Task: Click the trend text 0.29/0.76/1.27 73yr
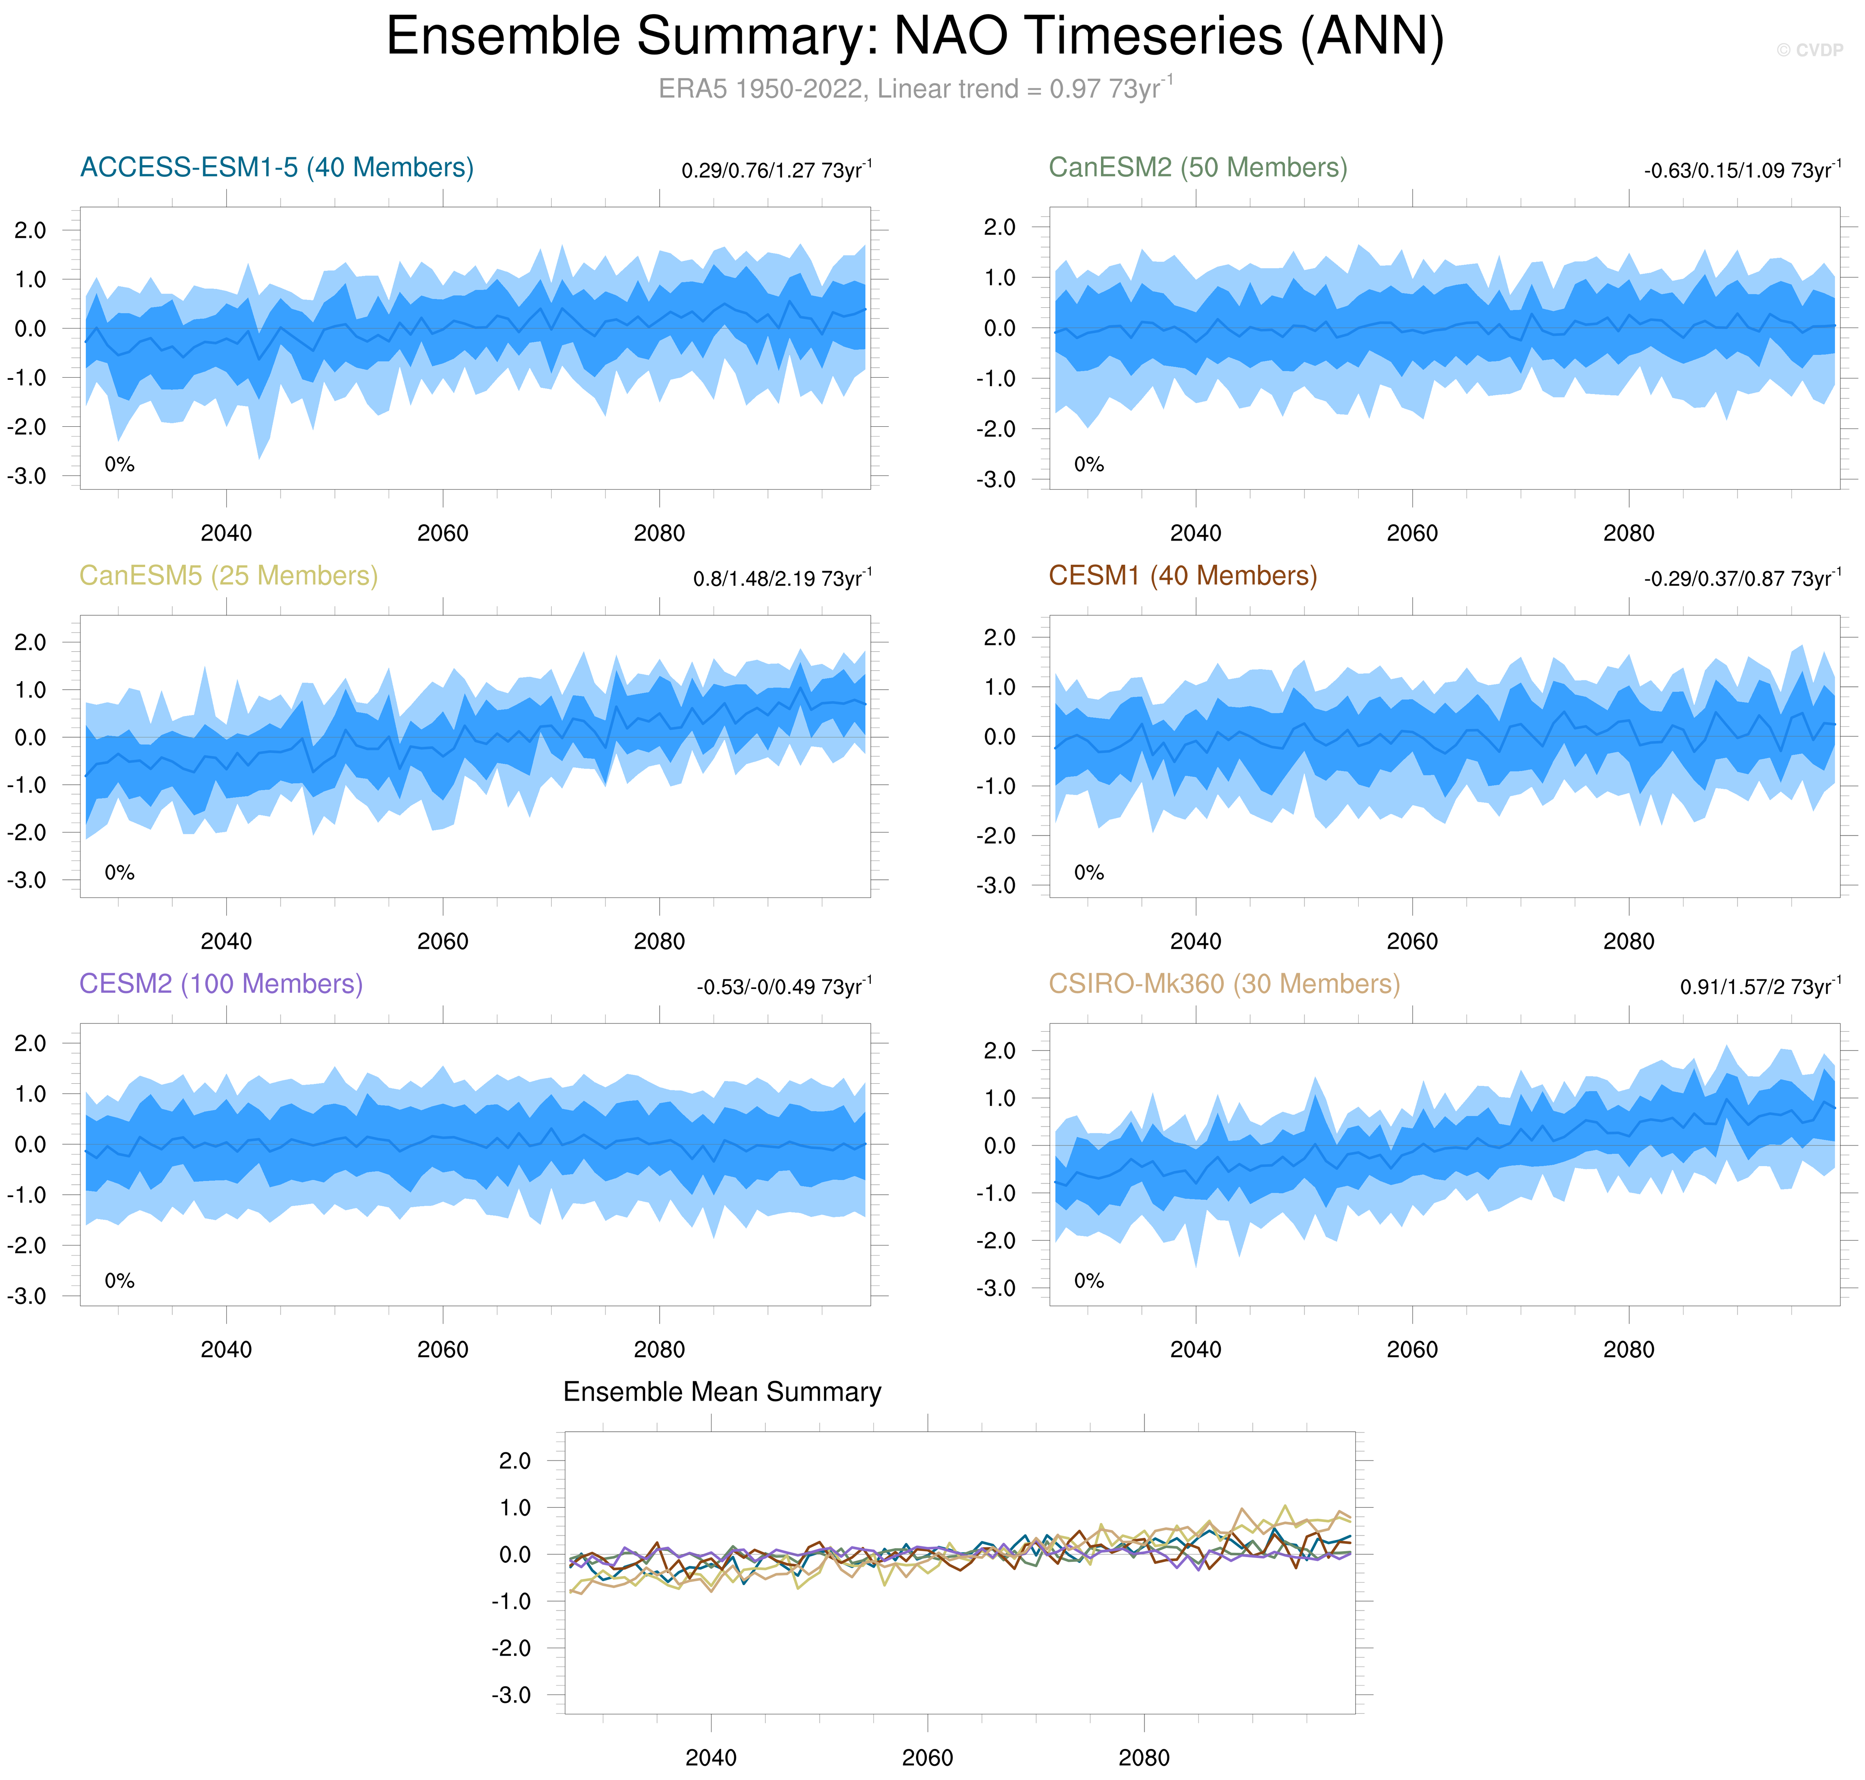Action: coord(776,171)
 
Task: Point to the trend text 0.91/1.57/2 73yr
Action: coord(1760,987)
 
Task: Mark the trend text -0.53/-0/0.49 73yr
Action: coord(783,987)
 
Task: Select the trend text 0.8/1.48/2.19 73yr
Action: coord(782,579)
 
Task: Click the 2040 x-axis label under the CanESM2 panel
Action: coord(1195,533)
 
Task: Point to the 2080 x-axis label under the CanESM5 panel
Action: coord(659,941)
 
